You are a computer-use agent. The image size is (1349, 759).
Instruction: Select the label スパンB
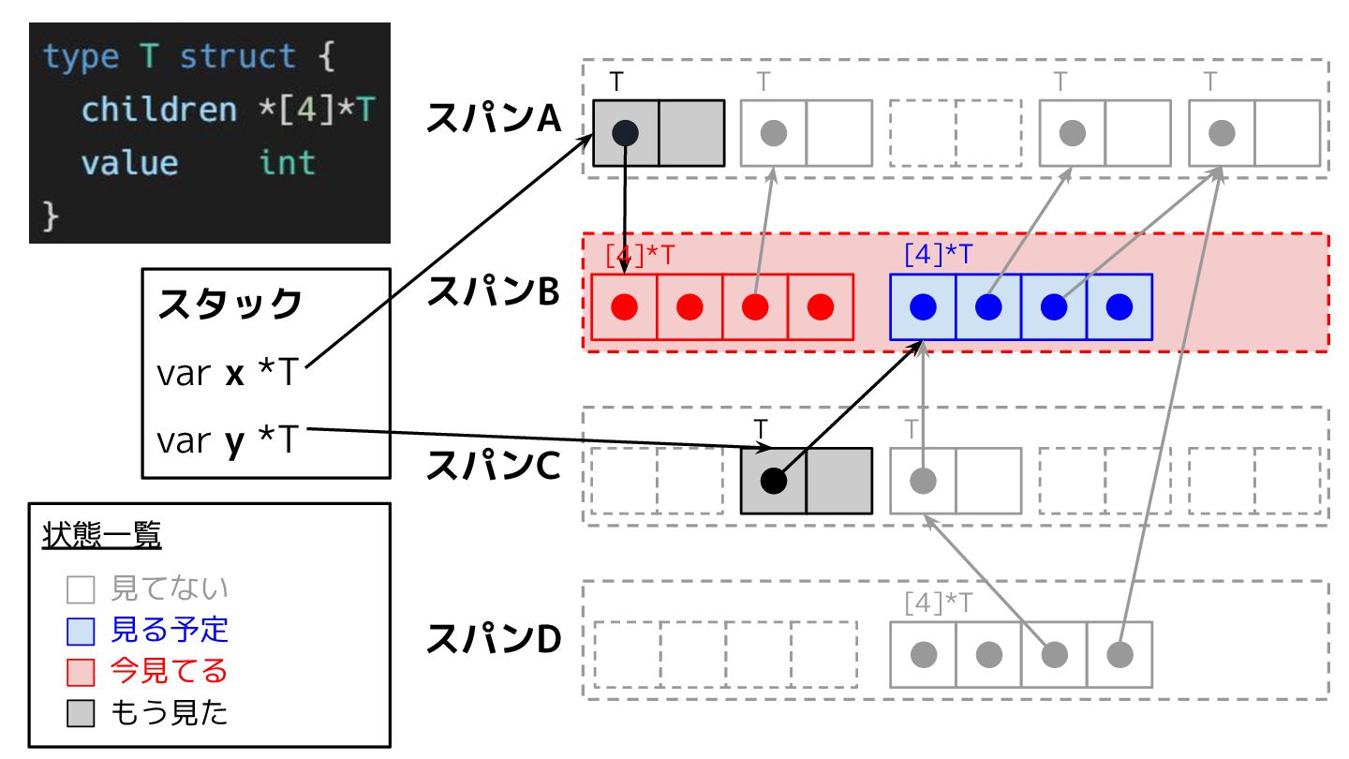coord(494,292)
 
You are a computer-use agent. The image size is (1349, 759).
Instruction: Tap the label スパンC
coord(494,467)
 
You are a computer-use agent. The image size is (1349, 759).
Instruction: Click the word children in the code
coord(159,110)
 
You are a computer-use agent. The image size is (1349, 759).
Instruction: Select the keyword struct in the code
coord(237,56)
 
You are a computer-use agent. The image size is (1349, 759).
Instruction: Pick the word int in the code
coord(288,163)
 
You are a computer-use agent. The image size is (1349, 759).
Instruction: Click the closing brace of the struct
coord(52,216)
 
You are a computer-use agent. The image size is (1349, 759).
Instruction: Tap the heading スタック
coord(230,305)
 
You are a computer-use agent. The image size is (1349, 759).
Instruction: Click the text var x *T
coord(226,374)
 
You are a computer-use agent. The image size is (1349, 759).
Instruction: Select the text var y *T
coord(226,439)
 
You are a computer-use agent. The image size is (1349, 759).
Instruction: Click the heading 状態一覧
coord(101,537)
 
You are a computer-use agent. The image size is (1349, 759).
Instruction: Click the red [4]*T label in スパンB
coord(641,255)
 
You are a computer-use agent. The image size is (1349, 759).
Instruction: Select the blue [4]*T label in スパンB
coord(939,254)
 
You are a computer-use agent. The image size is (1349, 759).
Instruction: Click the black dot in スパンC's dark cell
coord(773,481)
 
